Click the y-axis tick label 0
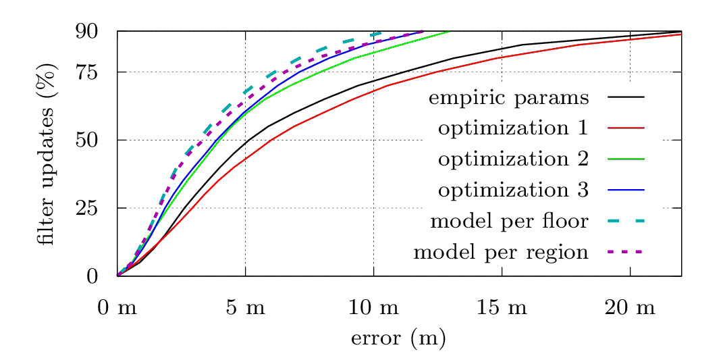tap(92, 276)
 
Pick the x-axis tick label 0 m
tap(117, 309)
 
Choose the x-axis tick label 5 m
tap(245, 309)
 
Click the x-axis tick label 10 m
tap(373, 309)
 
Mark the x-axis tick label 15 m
tap(502, 309)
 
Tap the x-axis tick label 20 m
tap(630, 309)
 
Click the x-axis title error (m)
tap(398, 338)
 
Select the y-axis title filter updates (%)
tap(46, 158)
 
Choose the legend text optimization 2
tap(513, 159)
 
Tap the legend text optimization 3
tap(513, 190)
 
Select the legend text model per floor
tap(509, 221)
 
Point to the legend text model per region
tap(501, 253)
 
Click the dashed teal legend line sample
tap(626, 221)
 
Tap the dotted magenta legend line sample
tap(626, 252)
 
